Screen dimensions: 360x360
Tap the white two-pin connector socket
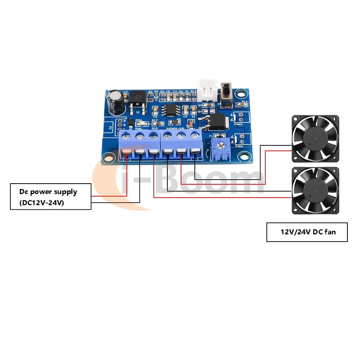(208, 90)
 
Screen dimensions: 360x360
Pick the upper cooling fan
(315, 138)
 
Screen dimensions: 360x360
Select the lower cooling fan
(315, 189)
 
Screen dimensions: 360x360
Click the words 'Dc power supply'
(48, 192)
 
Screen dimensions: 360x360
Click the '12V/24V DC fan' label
(308, 233)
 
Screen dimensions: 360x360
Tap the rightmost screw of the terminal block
(194, 135)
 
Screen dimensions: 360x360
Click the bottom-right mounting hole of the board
(244, 157)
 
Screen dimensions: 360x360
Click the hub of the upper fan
(315, 138)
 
